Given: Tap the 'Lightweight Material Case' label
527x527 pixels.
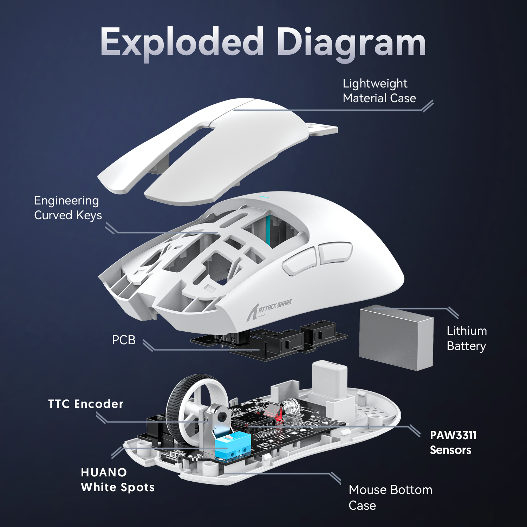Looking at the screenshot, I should pyautogui.click(x=379, y=91).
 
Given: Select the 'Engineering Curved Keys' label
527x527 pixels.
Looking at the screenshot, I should pyautogui.click(x=68, y=208).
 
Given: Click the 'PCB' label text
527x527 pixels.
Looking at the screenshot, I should pyautogui.click(x=123, y=340).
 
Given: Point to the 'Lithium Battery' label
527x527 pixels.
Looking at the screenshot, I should pyautogui.click(x=466, y=338).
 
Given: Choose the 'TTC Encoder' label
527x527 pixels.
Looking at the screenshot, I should pyautogui.click(x=86, y=404).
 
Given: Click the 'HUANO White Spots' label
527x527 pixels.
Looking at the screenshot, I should pyautogui.click(x=117, y=480).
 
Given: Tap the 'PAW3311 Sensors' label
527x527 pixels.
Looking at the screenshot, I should pyautogui.click(x=453, y=442).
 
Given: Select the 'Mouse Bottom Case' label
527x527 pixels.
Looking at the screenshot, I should pyautogui.click(x=390, y=497).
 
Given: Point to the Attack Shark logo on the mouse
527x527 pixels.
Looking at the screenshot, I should pyautogui.click(x=269, y=309).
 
